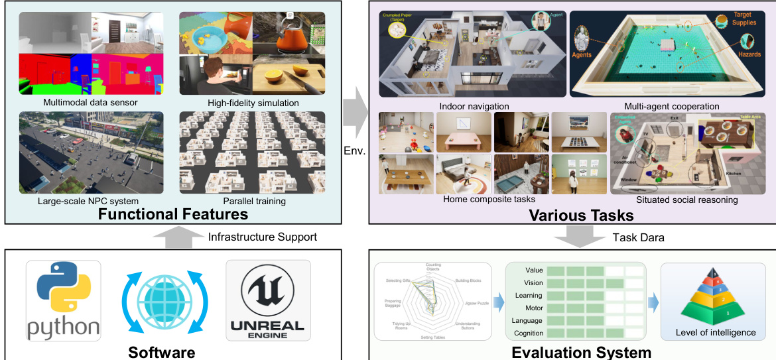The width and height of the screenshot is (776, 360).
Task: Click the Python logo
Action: point(64,300)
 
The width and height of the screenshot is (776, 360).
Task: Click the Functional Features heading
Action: point(172,213)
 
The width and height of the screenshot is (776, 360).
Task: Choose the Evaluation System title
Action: point(581,352)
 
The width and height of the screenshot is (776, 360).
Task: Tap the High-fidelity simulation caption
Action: point(252,103)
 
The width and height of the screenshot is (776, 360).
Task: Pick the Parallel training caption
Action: point(252,202)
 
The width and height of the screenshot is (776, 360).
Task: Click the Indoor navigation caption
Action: point(474,106)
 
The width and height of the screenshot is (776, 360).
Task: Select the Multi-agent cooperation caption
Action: point(671,106)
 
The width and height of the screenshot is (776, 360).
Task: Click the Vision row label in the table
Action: point(533,283)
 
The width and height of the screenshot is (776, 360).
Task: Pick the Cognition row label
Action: point(529,333)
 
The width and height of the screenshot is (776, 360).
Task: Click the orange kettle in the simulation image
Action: point(289,37)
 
